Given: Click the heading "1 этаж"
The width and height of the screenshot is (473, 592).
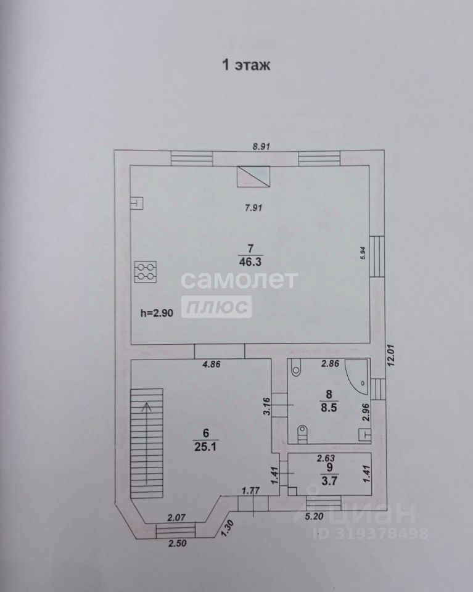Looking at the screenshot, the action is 246,65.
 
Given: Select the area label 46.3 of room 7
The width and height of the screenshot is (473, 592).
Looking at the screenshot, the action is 251,261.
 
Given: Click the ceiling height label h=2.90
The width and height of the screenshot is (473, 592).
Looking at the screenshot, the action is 157,313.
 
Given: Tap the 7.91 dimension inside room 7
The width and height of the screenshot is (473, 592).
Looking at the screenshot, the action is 253,208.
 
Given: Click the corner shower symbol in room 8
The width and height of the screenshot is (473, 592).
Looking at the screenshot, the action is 355,372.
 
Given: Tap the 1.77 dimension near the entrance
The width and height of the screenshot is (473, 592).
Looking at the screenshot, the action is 250,491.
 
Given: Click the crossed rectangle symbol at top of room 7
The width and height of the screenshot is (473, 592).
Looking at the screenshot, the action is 253,177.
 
